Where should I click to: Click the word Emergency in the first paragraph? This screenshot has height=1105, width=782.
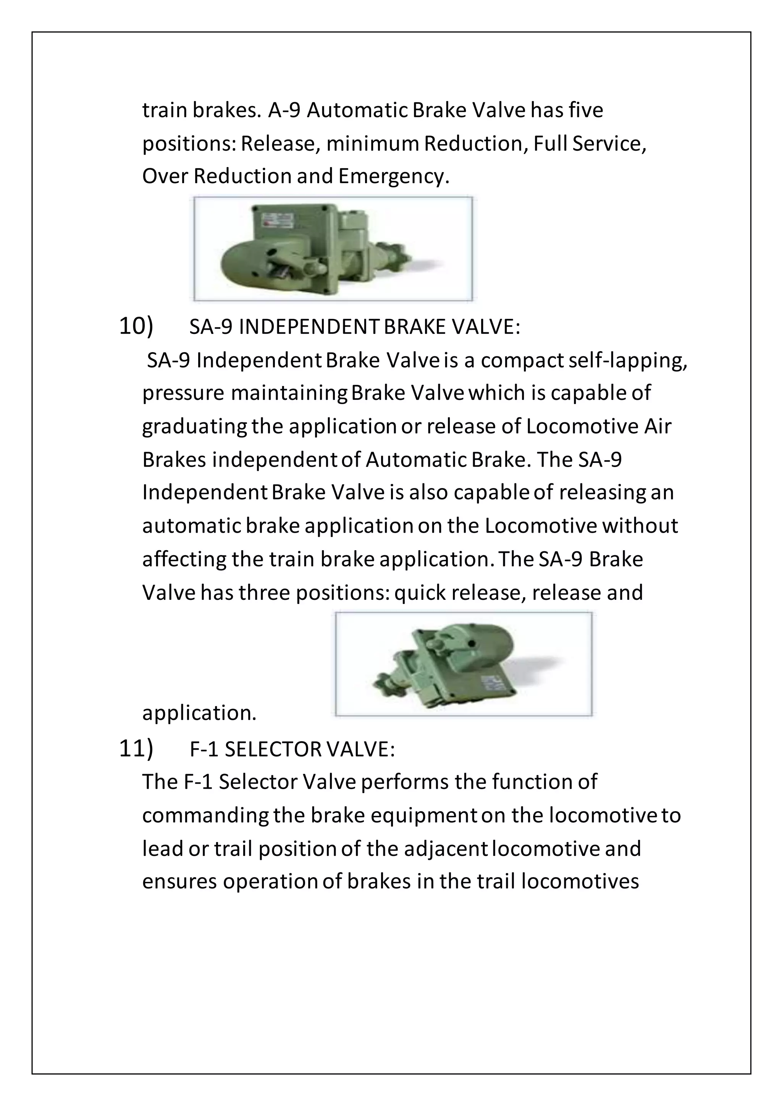(x=393, y=177)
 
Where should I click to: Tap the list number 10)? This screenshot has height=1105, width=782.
(x=136, y=326)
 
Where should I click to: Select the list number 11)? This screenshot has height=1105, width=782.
(x=136, y=749)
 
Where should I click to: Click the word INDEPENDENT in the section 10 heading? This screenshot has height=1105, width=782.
(x=310, y=327)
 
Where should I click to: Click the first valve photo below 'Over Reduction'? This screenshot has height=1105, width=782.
(x=333, y=249)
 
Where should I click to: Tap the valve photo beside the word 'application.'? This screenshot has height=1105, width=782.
(x=463, y=664)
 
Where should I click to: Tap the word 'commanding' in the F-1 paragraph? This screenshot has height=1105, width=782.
(x=205, y=816)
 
